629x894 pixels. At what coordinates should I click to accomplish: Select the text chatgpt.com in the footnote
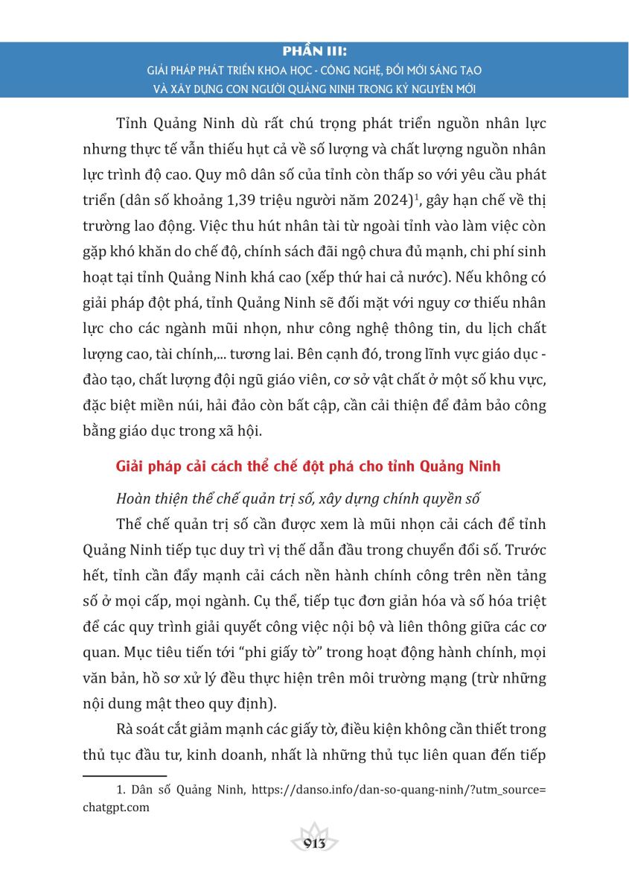[x=116, y=806]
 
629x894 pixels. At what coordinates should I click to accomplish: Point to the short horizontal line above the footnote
[x=124, y=775]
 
